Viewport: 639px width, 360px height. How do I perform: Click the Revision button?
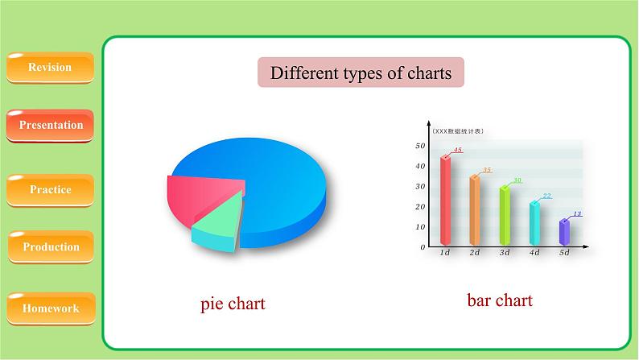coord(50,68)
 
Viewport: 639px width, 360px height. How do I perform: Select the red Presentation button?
coord(50,126)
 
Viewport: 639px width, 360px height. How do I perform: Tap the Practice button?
coord(50,190)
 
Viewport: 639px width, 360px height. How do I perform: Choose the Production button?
coord(51,247)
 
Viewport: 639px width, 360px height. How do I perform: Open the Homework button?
coord(51,308)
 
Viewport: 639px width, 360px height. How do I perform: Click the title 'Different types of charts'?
coord(361,72)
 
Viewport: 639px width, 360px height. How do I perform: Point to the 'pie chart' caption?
coord(233,304)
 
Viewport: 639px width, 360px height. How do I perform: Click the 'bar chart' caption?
coord(500,300)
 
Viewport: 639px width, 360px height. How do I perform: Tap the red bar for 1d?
coord(445,201)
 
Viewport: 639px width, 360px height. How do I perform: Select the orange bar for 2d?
coord(475,210)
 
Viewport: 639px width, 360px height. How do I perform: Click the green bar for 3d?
coord(505,216)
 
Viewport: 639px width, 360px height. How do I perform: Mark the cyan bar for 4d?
coord(534,223)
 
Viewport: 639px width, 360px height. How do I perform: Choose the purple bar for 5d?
coord(564,233)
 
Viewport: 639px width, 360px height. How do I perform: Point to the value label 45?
coord(458,150)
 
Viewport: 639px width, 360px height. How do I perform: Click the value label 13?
coord(577,213)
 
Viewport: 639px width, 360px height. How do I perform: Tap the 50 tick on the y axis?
coord(420,146)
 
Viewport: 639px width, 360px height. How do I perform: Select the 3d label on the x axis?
coord(505,253)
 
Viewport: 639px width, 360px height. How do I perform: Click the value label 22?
coord(547,196)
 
